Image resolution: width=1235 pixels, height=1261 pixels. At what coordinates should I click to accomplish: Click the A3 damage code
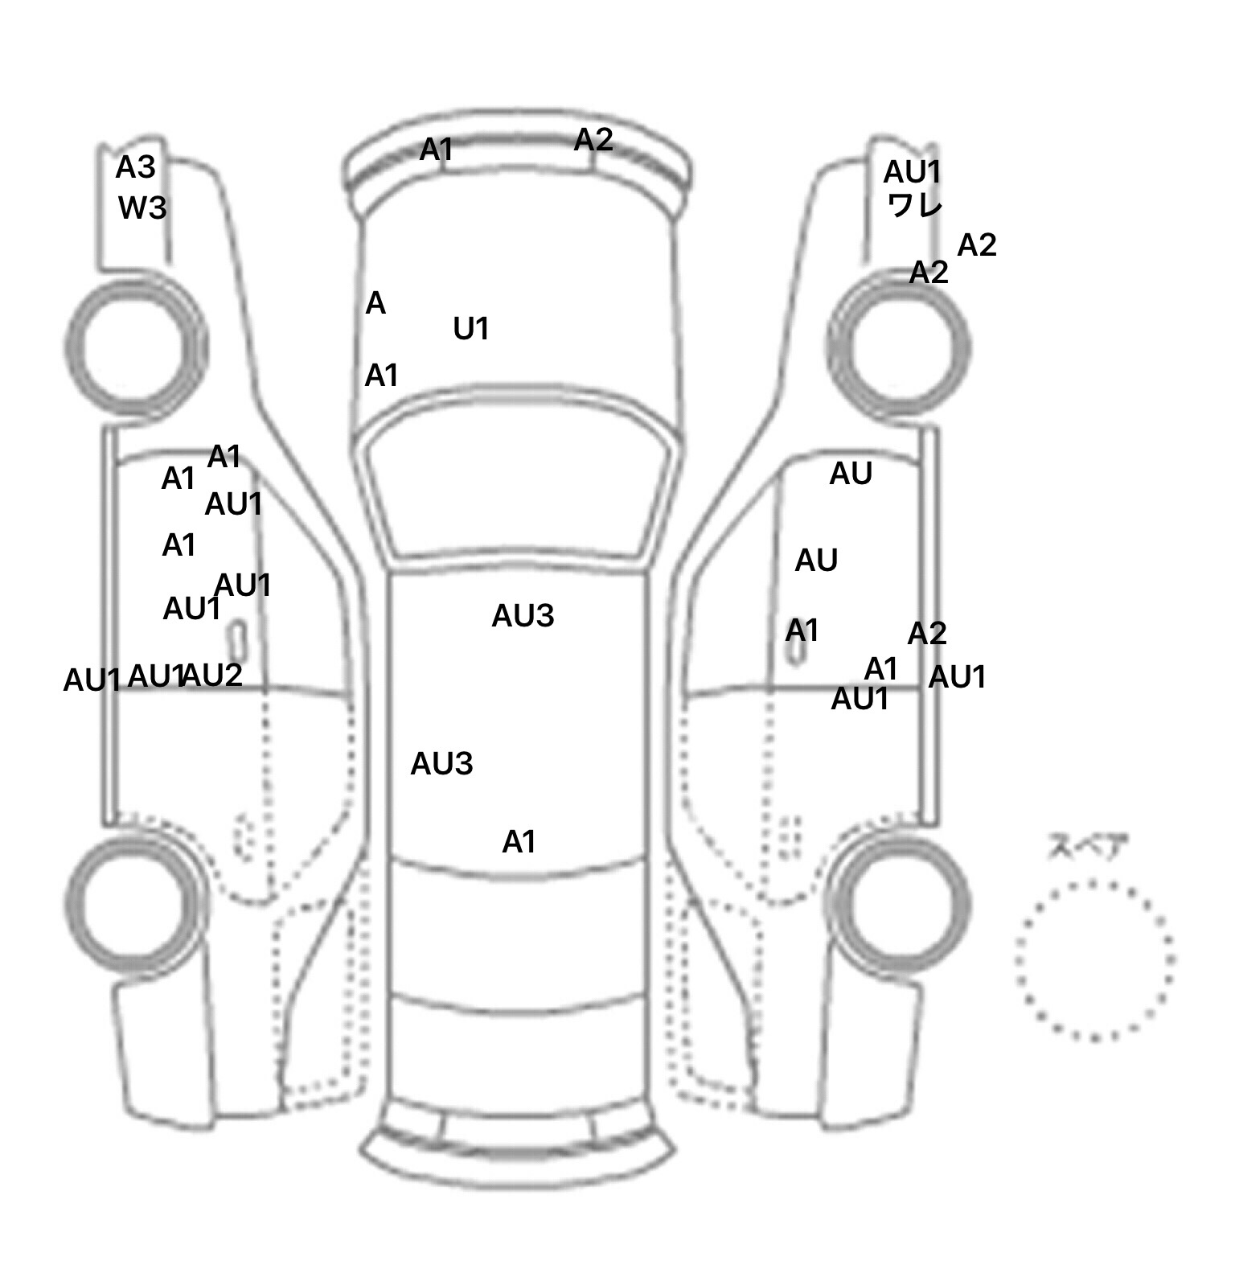135,168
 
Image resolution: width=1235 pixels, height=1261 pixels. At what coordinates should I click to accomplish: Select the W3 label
142,208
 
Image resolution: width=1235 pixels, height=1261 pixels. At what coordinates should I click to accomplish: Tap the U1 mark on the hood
471,329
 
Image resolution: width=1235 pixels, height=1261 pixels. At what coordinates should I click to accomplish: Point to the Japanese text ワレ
915,206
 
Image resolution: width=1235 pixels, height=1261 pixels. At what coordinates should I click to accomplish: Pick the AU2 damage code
213,676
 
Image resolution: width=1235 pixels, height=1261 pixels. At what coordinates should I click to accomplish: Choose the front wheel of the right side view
899,347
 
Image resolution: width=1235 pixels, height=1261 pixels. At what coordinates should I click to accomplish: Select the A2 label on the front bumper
593,141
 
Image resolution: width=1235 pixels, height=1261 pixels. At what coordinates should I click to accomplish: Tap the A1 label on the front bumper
437,150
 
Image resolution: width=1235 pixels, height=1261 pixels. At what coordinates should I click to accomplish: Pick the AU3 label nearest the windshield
523,616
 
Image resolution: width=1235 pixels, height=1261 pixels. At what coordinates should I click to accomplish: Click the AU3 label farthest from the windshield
441,764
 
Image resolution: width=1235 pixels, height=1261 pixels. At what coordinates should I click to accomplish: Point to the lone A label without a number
375,304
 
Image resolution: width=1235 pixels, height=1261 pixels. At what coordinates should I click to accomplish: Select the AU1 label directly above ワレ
912,172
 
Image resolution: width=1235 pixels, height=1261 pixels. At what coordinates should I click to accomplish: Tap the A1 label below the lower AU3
519,842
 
